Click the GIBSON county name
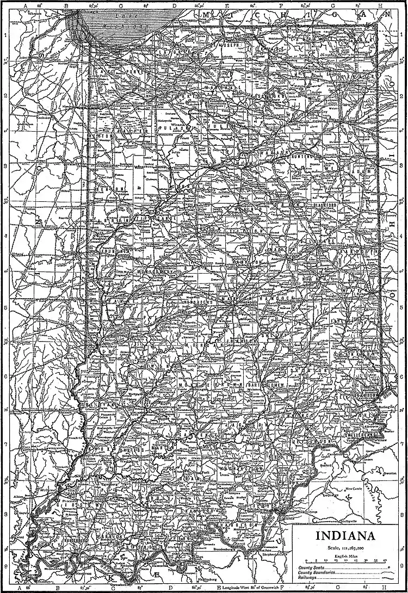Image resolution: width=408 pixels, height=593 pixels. [66, 505]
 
